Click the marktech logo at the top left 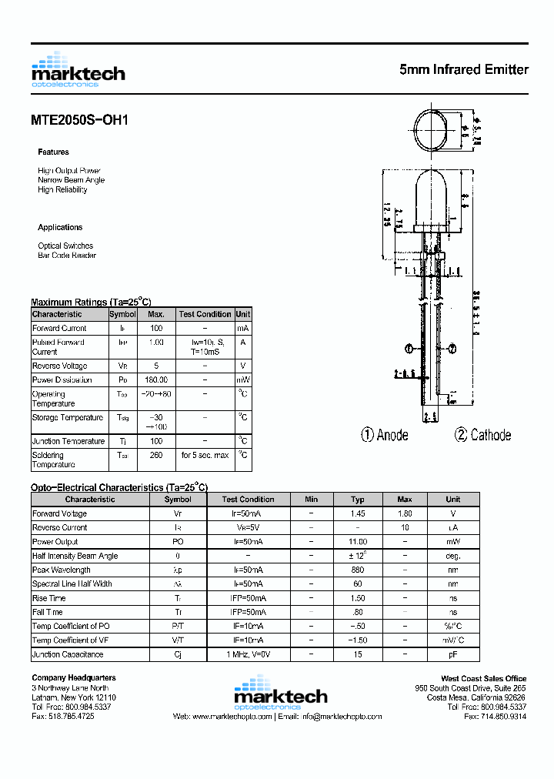coord(78,71)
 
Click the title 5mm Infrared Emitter coord(464,69)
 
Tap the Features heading coord(53,152)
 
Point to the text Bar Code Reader coord(67,256)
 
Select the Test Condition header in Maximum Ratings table coord(205,314)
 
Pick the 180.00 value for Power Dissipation coord(156,380)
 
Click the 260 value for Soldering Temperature coord(156,455)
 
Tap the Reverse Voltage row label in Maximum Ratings coord(60,366)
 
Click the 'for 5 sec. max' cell coord(205,455)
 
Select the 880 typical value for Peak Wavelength coord(358,570)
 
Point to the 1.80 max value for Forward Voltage coord(405,514)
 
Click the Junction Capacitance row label coord(68,654)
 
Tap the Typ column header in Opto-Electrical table coord(358,500)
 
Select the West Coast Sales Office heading coord(483,678)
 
